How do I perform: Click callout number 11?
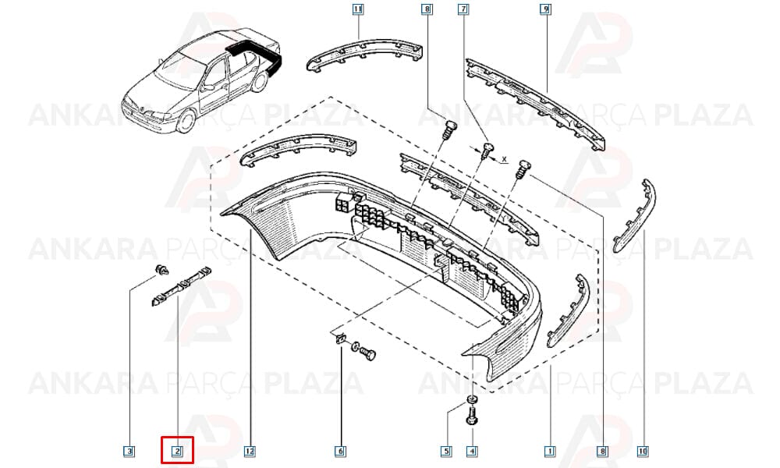[358, 9]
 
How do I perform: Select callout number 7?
[463, 9]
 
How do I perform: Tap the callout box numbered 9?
[546, 9]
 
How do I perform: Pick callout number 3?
[129, 451]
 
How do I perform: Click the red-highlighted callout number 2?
[178, 451]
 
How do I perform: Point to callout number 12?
[250, 451]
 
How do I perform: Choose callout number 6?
[340, 451]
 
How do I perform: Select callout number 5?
[446, 451]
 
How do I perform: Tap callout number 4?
[472, 451]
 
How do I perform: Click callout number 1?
[550, 451]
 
